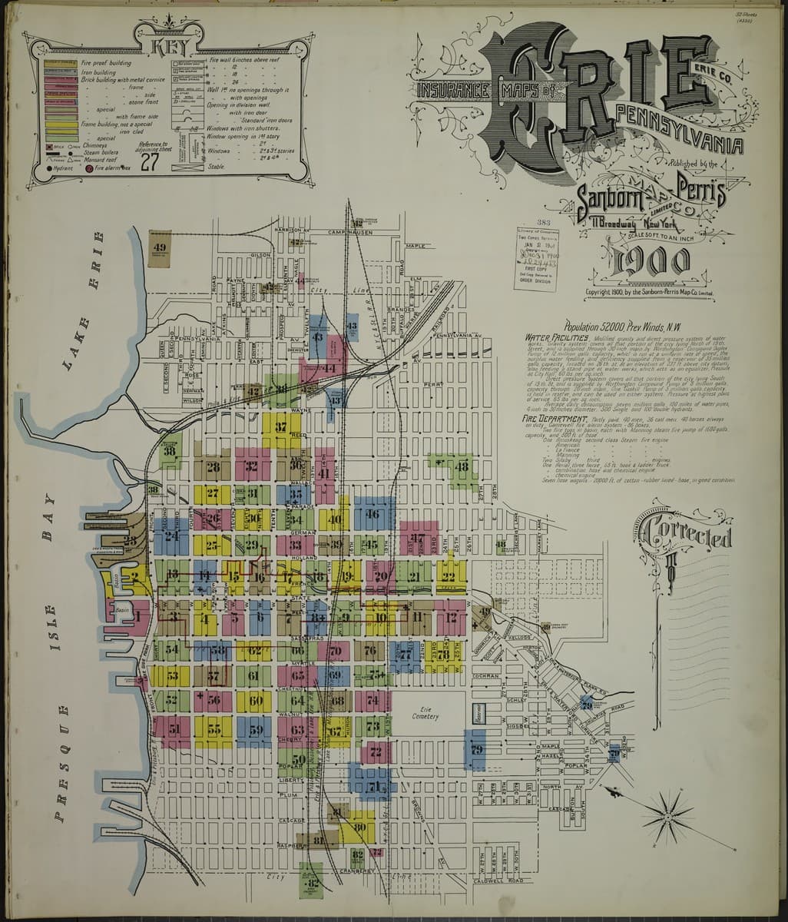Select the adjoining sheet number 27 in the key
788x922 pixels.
tap(150, 161)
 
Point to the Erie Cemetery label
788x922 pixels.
tap(424, 712)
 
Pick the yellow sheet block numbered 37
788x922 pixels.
tap(281, 427)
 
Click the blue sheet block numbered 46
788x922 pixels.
tap(373, 514)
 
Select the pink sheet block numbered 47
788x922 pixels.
tap(419, 538)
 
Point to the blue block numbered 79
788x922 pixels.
tap(476, 749)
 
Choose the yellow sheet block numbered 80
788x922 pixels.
tap(359, 827)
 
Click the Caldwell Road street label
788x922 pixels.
tap(498, 881)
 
